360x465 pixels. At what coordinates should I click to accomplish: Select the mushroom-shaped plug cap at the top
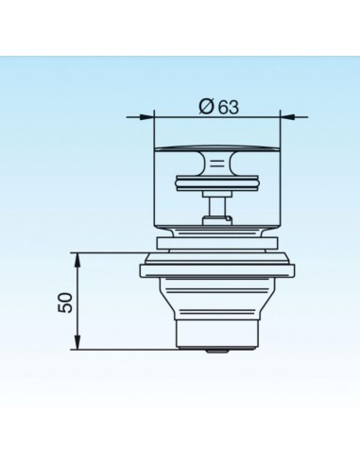coord(216,157)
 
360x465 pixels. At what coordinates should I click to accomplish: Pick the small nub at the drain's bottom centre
coord(216,349)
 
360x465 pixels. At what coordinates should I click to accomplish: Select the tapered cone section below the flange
coord(216,298)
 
